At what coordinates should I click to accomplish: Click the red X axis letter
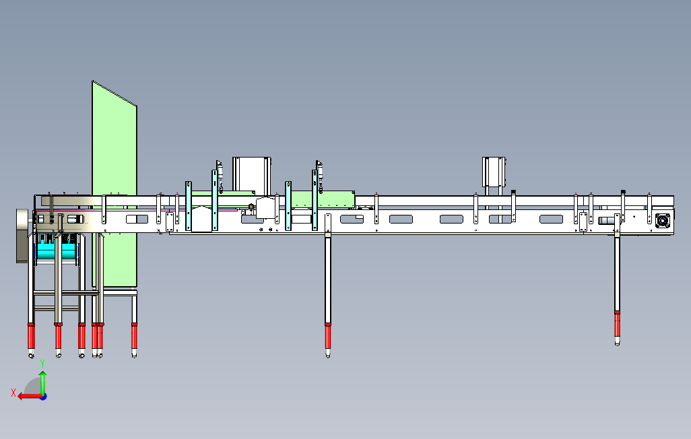coord(13,393)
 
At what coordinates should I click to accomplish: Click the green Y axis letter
coord(42,362)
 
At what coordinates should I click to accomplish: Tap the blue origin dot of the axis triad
coord(42,397)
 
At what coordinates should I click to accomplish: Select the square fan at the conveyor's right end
coord(663,220)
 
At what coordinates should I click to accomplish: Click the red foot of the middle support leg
coord(328,333)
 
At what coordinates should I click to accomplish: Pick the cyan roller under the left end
coord(54,251)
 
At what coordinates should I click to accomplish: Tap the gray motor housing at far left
coord(24,234)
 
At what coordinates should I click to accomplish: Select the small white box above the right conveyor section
coord(494,172)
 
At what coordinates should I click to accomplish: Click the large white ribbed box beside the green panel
coord(251,173)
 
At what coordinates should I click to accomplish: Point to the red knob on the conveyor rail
coord(251,207)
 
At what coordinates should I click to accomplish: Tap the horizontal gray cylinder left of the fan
coord(607,220)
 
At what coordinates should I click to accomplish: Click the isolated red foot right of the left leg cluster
coord(134,333)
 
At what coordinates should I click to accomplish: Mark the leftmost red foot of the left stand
coord(31,334)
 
